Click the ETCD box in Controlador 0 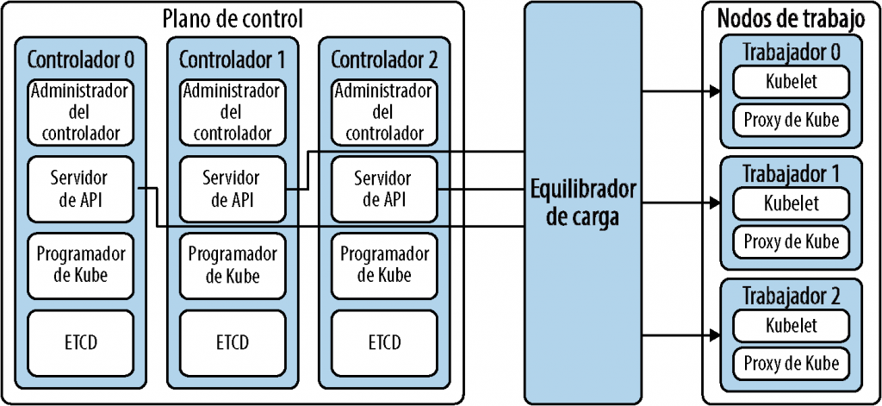point(80,341)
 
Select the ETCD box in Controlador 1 point(233,341)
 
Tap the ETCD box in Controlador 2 point(384,341)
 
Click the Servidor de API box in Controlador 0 point(80,189)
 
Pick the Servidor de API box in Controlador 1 point(233,189)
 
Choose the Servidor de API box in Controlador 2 point(384,189)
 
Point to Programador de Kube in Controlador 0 point(80,265)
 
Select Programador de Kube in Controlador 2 point(384,265)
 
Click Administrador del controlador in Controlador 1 point(233,113)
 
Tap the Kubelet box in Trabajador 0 point(791,82)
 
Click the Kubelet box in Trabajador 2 point(791,325)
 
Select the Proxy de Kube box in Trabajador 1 point(791,241)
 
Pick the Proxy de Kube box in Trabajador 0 point(791,119)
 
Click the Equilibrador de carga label point(584,203)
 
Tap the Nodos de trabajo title point(791,16)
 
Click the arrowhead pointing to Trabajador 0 point(714,90)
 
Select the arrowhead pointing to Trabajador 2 point(714,335)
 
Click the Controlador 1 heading point(233,59)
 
